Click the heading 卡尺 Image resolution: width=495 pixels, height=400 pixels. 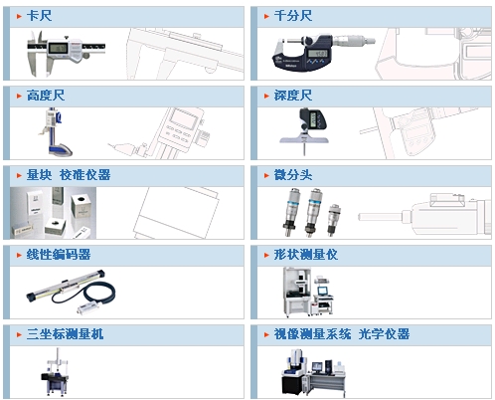point(39,16)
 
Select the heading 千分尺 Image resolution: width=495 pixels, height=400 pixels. point(293,16)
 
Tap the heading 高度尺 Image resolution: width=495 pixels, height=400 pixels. point(46,96)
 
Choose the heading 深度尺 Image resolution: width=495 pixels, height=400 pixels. point(293,96)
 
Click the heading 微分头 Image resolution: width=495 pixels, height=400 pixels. point(293,175)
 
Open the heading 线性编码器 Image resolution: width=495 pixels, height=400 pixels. point(59,255)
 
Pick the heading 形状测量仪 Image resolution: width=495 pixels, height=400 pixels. point(306,255)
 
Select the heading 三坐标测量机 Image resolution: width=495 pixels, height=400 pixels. point(65,334)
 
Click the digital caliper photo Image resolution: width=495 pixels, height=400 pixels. point(66,52)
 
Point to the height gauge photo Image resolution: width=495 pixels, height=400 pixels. point(56,132)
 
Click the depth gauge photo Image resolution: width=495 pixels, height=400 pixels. point(304,130)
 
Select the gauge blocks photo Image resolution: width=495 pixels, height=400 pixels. point(53,213)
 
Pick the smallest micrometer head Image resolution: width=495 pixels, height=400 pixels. point(333,219)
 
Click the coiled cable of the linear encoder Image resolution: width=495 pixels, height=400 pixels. point(87,294)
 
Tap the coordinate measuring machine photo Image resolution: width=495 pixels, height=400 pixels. point(55,372)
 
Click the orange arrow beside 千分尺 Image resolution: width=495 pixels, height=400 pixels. point(266,16)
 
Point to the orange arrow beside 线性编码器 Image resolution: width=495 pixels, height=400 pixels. point(19,255)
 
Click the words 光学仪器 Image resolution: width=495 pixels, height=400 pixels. point(384,334)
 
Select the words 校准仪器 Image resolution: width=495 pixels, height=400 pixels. point(84,175)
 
